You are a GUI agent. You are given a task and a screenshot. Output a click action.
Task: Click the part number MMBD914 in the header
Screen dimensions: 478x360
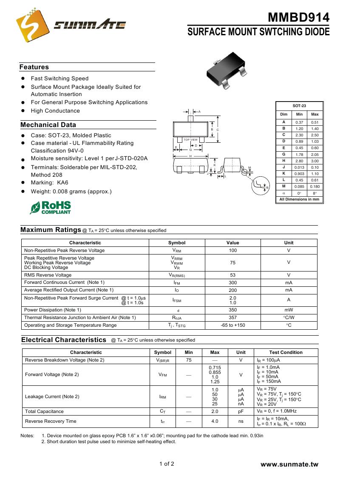(298, 17)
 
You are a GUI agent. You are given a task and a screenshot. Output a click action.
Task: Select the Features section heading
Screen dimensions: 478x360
(34, 67)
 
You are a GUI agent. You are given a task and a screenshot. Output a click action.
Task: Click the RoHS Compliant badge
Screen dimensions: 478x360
(51, 207)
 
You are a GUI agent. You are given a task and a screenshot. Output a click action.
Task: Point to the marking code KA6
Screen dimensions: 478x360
(62, 183)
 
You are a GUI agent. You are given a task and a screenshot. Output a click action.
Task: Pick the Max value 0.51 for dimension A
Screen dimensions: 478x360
(315, 122)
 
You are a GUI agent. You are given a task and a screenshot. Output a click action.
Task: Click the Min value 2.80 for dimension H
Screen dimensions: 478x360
(299, 161)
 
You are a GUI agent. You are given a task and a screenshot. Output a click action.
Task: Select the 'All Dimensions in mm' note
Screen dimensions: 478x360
(299, 199)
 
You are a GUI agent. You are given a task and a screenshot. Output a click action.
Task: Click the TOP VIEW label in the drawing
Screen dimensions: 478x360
(190, 140)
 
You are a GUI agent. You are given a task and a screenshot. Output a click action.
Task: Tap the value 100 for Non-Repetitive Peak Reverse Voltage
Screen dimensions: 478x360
(232, 251)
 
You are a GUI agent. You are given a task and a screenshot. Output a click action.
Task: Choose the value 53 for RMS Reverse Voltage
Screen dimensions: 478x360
(232, 275)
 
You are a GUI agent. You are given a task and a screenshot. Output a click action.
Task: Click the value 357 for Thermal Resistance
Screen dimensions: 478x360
(232, 317)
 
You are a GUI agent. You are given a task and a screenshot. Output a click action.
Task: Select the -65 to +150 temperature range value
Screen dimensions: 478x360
(232, 325)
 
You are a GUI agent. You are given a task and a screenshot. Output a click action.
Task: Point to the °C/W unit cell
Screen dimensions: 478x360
(289, 317)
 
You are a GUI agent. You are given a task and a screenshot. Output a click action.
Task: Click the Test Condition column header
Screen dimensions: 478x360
(286, 352)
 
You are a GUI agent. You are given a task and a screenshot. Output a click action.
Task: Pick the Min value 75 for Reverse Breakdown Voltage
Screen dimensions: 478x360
(189, 360)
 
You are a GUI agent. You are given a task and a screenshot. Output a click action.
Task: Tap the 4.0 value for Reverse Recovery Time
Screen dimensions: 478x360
(215, 421)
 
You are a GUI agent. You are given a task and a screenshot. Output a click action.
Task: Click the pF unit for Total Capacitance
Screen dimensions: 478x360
(241, 411)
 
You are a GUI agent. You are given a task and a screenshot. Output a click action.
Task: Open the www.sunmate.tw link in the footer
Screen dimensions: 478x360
(289, 464)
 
